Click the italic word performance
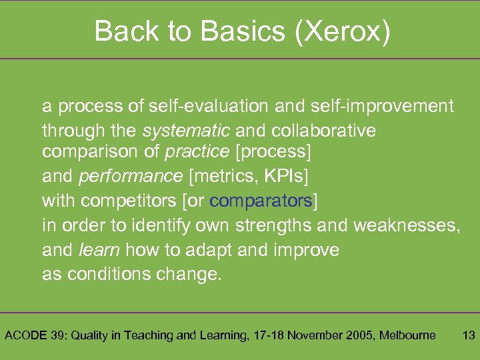click(x=130, y=176)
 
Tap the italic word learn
click(x=99, y=250)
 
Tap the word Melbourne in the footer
click(x=407, y=335)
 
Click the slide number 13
click(x=468, y=335)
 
